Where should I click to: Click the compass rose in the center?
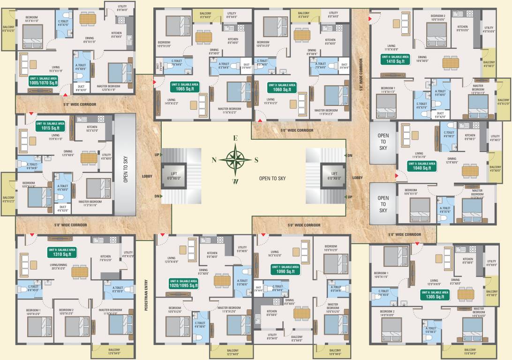(x=236, y=159)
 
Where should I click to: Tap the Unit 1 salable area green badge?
(x=43, y=80)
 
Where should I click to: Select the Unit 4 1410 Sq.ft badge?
(x=395, y=59)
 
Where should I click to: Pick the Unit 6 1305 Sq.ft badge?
(x=434, y=294)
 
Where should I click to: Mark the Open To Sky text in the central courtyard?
(x=272, y=179)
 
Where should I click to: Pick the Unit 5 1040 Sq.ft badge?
(x=422, y=165)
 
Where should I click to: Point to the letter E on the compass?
(x=236, y=138)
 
